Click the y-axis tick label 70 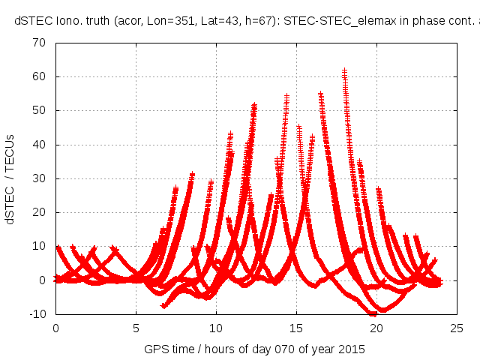(40, 43)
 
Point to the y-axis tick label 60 (40, 76)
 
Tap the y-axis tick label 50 (40, 110)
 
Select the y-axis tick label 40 (40, 145)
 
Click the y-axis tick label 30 (40, 178)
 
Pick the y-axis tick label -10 (37, 314)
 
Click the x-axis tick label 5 (136, 328)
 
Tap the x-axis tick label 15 (296, 328)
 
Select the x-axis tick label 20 (376, 328)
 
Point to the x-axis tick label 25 (457, 328)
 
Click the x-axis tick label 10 (216, 328)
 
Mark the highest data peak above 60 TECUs (344, 71)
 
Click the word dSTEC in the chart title (32, 20)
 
